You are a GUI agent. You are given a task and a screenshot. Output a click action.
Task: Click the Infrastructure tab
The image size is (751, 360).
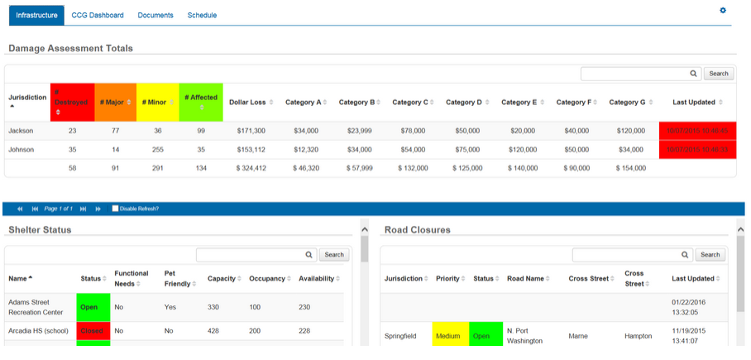tap(36, 15)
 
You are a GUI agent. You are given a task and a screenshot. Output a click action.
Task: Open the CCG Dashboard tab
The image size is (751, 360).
tap(98, 15)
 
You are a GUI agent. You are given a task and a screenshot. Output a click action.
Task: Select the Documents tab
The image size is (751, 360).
tap(155, 15)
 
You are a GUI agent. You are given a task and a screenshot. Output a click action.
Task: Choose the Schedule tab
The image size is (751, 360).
tap(202, 15)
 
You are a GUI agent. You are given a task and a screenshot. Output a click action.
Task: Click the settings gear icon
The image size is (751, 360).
tap(722, 10)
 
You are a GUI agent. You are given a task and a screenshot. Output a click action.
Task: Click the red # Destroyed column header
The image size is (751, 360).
tap(72, 102)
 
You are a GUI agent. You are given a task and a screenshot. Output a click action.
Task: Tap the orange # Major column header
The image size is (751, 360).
tap(115, 102)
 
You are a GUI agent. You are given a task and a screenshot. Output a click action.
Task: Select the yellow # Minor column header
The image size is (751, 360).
tap(157, 102)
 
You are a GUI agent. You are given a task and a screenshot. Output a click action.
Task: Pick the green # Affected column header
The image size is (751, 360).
tap(201, 102)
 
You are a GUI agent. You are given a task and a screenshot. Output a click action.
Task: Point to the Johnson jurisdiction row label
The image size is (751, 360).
tap(22, 150)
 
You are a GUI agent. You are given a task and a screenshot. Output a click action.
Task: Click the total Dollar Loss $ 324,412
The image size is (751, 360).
tap(248, 168)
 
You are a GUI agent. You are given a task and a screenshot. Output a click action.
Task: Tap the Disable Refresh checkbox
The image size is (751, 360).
tap(115, 209)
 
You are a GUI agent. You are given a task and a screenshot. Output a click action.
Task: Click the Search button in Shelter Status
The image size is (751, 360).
tap(334, 255)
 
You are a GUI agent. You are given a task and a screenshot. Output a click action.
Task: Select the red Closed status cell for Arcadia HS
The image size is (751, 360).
tap(92, 330)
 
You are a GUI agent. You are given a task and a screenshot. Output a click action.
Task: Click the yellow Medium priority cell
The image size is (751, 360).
tap(447, 336)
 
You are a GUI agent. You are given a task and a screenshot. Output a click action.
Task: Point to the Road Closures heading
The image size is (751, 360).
tap(418, 229)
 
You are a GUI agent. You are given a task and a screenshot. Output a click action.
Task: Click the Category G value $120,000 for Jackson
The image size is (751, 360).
tap(630, 131)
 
